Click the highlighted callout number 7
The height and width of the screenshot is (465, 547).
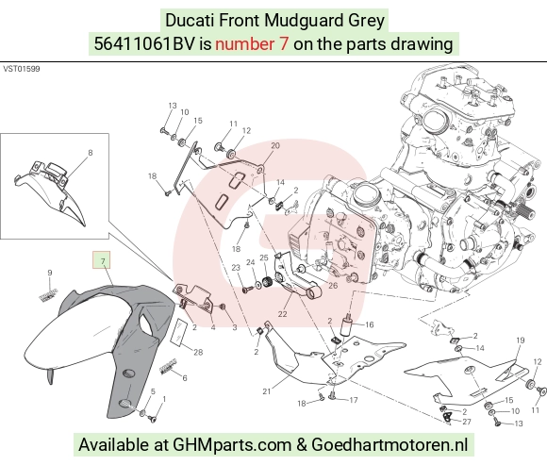pos(103,261)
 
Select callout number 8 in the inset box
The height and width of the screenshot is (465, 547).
pos(91,153)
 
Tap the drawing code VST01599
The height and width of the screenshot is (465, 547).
pos(22,69)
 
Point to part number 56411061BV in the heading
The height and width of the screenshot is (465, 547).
pos(143,44)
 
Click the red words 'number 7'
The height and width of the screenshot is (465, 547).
pos(252,44)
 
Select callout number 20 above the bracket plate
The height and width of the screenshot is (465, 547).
pos(275,145)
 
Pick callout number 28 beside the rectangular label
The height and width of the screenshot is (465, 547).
pos(198,352)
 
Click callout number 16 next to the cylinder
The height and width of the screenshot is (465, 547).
pos(370,324)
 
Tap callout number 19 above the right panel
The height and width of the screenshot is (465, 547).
pos(521,340)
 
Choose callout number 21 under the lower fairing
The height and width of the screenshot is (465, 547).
pos(267,391)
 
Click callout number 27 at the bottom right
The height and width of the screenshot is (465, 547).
pos(467,422)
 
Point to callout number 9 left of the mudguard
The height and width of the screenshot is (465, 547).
pos(50,273)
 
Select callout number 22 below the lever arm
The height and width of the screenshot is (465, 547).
pos(282,314)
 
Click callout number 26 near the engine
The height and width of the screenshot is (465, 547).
pos(333,286)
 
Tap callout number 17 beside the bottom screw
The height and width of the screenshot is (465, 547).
pos(354,400)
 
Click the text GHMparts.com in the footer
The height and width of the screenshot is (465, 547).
pos(232,445)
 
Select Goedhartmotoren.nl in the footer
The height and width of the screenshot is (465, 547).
pos(390,445)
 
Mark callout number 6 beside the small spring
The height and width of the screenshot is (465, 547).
pos(185,378)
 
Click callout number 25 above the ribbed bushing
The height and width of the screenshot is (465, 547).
pos(264,257)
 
